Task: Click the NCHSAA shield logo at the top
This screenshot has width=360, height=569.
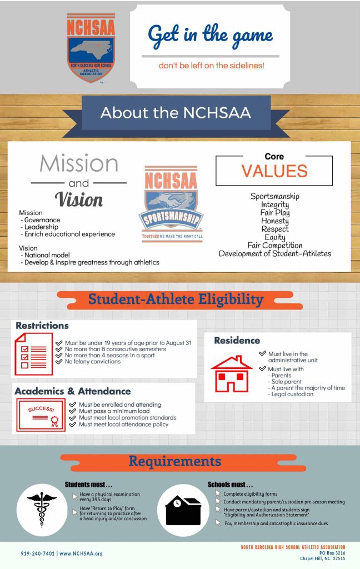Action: click(x=91, y=48)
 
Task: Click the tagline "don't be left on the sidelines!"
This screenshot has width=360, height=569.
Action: click(x=211, y=66)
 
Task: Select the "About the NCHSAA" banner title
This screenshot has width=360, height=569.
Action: click(x=176, y=113)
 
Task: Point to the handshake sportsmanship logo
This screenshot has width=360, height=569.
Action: click(x=171, y=203)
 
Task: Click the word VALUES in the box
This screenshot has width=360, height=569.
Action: click(x=274, y=171)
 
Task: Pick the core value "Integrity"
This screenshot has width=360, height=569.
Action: click(x=275, y=204)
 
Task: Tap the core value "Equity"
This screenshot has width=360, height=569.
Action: click(x=275, y=237)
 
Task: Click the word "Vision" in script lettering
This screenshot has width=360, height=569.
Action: click(x=79, y=199)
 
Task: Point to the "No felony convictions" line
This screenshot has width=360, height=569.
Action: click(x=92, y=362)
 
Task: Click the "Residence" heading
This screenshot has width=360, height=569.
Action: click(x=237, y=340)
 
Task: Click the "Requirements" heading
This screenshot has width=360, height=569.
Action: click(x=174, y=461)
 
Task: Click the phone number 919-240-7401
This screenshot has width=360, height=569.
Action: click(x=37, y=553)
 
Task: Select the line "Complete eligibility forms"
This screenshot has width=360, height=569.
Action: click(x=251, y=494)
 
